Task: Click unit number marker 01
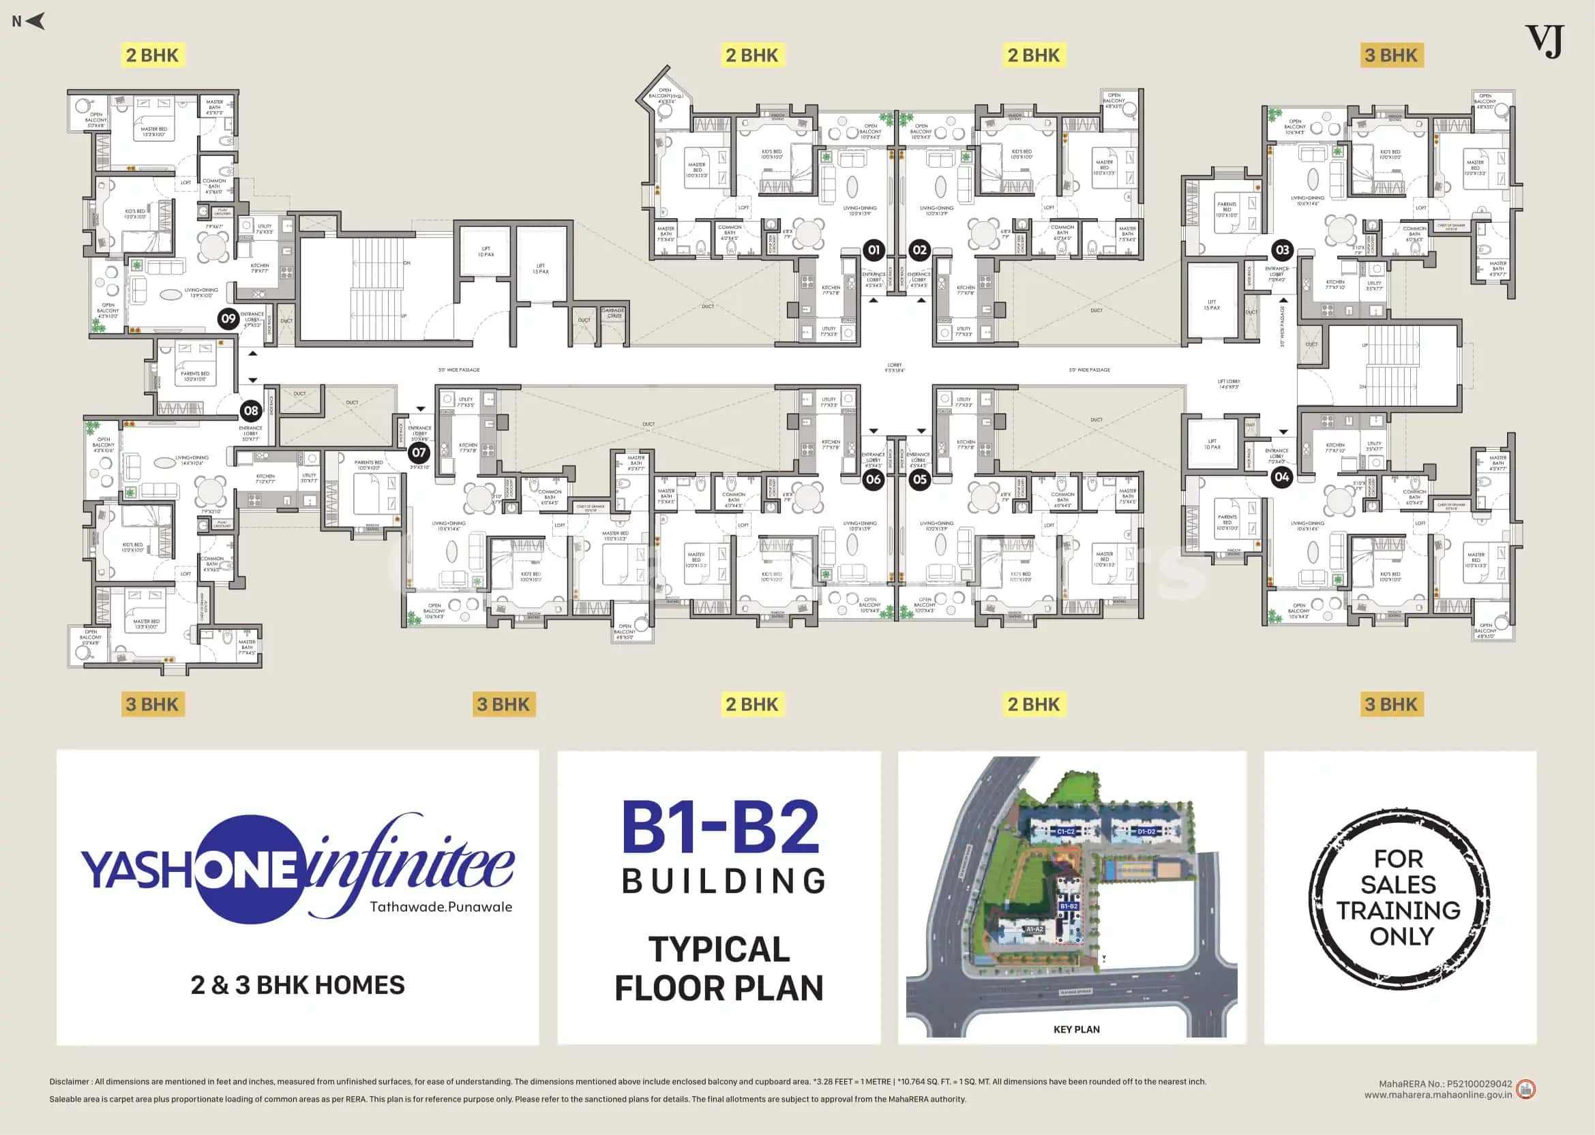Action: point(873,249)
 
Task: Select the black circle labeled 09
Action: point(228,319)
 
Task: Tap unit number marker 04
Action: point(1281,476)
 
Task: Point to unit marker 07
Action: point(418,452)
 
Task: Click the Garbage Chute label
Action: point(613,313)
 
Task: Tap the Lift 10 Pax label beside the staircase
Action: point(486,252)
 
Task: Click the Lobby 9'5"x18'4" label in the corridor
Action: point(895,367)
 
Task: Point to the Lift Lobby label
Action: point(1229,384)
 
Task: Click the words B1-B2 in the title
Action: point(720,828)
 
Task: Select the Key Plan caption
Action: point(1076,1029)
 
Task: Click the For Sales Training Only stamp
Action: point(1399,897)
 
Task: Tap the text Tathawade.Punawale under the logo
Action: point(441,907)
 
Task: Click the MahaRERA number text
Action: point(1445,1084)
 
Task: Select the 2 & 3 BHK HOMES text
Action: point(298,986)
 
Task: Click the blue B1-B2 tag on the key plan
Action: point(1069,906)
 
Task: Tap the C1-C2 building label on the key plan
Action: point(1065,832)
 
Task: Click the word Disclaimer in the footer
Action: point(69,1081)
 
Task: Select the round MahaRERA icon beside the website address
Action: point(1526,1089)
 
